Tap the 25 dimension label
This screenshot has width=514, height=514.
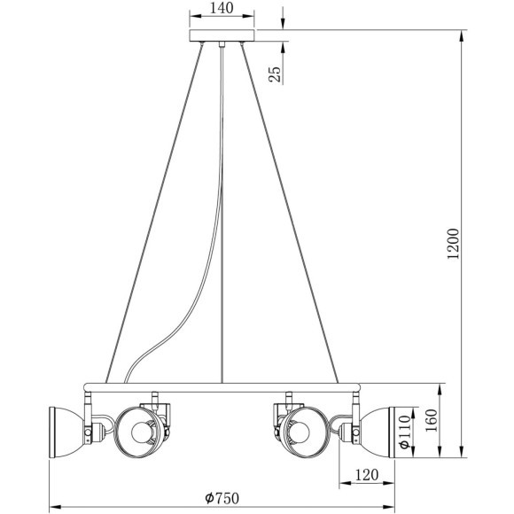[x=276, y=74]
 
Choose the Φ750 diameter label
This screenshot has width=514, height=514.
[x=222, y=498]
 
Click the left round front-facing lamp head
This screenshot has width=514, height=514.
[x=143, y=432]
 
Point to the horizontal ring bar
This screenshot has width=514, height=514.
[x=222, y=387]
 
